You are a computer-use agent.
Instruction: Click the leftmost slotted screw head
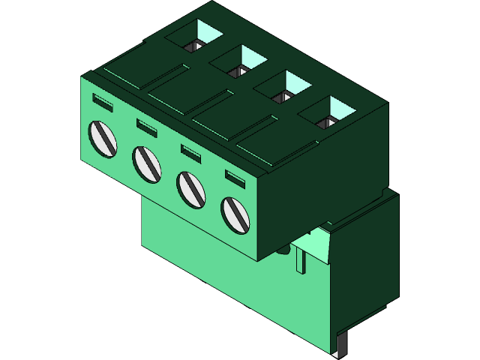click(103, 138)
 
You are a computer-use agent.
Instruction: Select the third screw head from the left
click(190, 189)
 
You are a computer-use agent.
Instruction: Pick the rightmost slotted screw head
click(235, 214)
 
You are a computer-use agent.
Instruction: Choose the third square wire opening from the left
click(283, 87)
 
